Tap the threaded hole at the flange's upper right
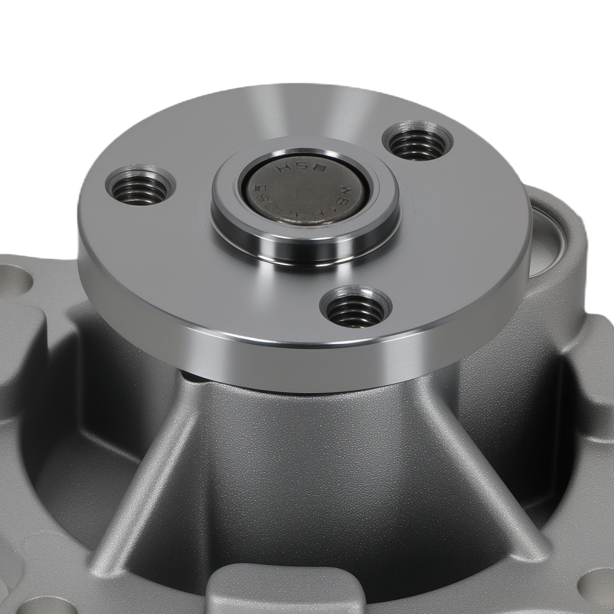click(x=418, y=143)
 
